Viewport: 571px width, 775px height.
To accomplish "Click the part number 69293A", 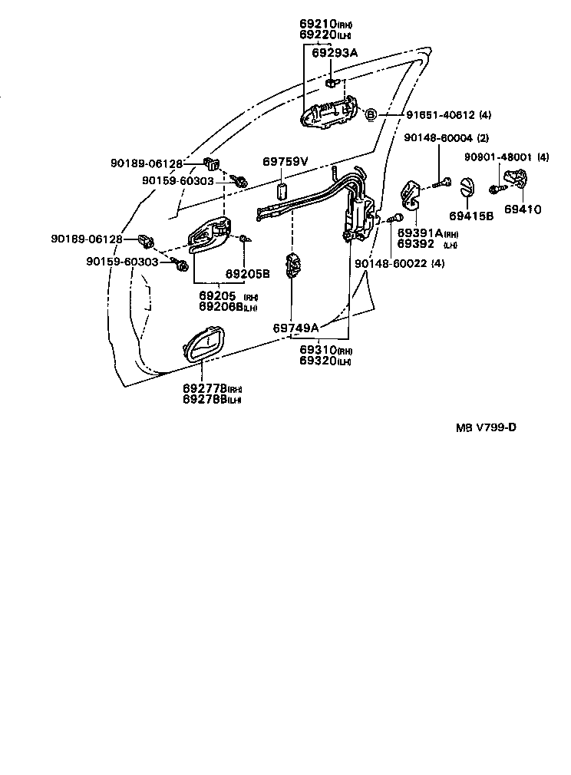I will pyautogui.click(x=335, y=52).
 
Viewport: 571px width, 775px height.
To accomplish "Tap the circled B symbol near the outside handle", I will pyautogui.click(x=370, y=115).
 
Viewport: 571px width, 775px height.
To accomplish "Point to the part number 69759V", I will pyautogui.click(x=285, y=162).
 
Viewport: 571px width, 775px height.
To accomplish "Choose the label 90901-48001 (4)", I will pyautogui.click(x=507, y=157).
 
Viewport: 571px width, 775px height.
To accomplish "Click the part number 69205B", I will pyautogui.click(x=248, y=273).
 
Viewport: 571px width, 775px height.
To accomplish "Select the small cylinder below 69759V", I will pyautogui.click(x=281, y=191).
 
